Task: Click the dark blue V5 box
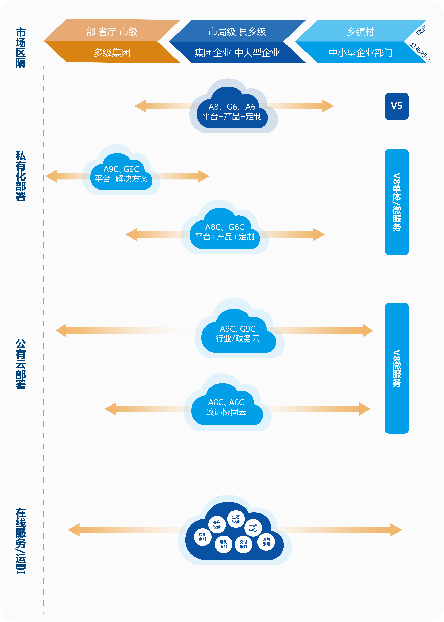point(396,106)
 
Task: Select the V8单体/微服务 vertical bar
point(396,202)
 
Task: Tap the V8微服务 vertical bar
point(396,368)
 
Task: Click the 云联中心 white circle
point(253,528)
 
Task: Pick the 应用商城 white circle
point(203,537)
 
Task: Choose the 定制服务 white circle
point(223,544)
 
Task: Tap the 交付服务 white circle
point(243,544)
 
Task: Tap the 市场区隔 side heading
point(21,48)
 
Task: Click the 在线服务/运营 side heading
point(21,540)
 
